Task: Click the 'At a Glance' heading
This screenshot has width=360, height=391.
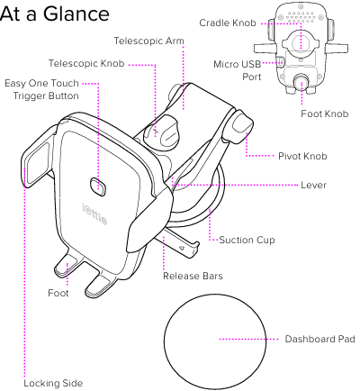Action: (x=55, y=14)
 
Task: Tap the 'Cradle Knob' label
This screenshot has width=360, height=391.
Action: (x=228, y=23)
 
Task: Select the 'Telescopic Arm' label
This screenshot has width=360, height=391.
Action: (x=148, y=41)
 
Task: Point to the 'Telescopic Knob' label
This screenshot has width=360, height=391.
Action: (x=86, y=63)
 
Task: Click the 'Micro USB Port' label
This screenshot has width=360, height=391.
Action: (x=238, y=70)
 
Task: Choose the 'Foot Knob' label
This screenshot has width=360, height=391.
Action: (x=325, y=114)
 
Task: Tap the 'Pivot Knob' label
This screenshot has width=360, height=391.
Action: (x=302, y=156)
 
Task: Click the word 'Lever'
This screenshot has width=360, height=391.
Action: (x=313, y=185)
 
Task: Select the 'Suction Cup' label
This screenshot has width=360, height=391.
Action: (x=247, y=240)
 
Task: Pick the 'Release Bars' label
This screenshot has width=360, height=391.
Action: (x=193, y=276)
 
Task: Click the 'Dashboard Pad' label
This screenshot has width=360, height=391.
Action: (x=319, y=339)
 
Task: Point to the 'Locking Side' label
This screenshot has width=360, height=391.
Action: (x=53, y=383)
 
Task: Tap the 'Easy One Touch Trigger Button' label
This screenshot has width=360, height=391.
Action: (x=41, y=89)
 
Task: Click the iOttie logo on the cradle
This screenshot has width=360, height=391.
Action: (x=94, y=214)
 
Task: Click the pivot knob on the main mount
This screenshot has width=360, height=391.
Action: (x=242, y=126)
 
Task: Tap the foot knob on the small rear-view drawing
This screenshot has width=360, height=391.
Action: (x=301, y=81)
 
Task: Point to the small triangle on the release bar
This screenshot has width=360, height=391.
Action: (x=182, y=248)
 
